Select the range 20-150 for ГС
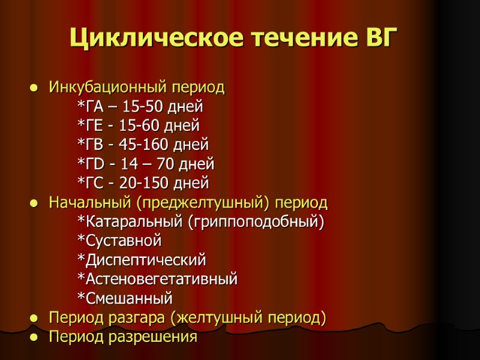(148, 182)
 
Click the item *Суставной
(120, 241)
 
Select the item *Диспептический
(142, 260)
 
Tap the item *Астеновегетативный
(158, 279)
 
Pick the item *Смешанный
(125, 298)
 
